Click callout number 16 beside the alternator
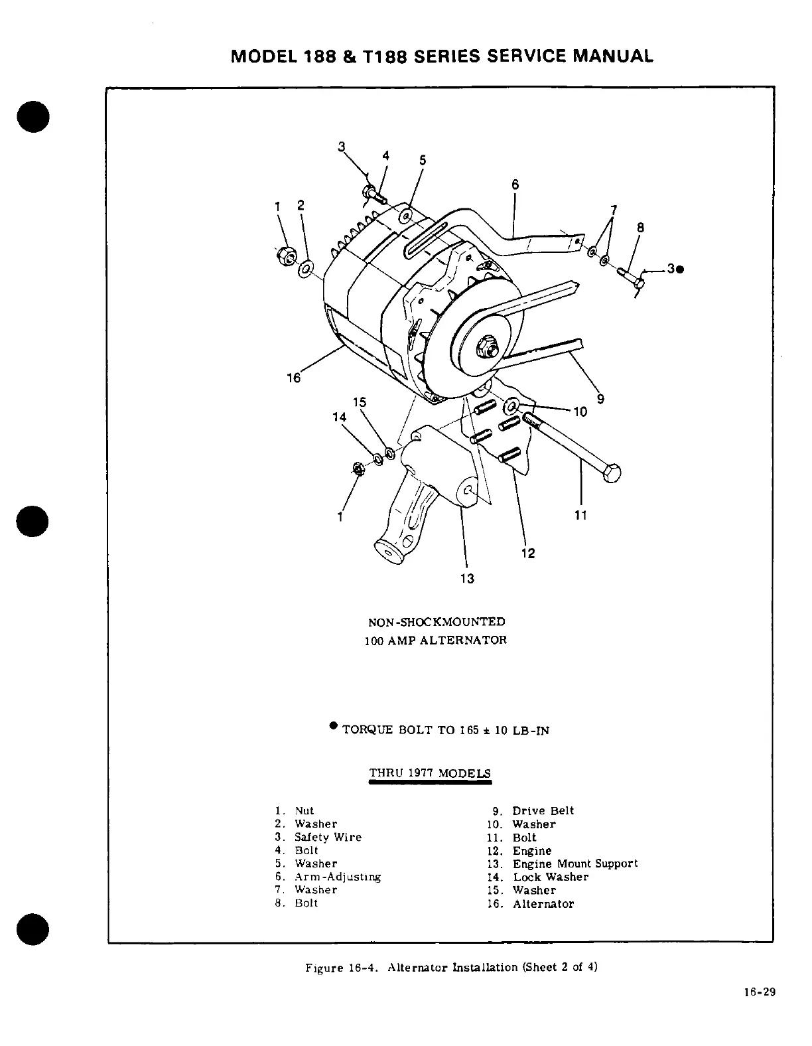pyautogui.click(x=293, y=378)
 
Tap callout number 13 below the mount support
pyautogui.click(x=467, y=579)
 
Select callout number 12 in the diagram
pyautogui.click(x=528, y=554)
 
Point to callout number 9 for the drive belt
pyautogui.click(x=600, y=399)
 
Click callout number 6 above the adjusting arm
pyautogui.click(x=515, y=185)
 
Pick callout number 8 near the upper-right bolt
pyautogui.click(x=640, y=228)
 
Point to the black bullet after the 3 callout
pyautogui.click(x=681, y=269)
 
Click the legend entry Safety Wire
pyautogui.click(x=328, y=838)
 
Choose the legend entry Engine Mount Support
pyautogui.click(x=575, y=864)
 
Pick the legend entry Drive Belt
pyautogui.click(x=543, y=811)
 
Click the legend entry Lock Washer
pyautogui.click(x=551, y=877)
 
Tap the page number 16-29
pyautogui.click(x=759, y=994)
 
